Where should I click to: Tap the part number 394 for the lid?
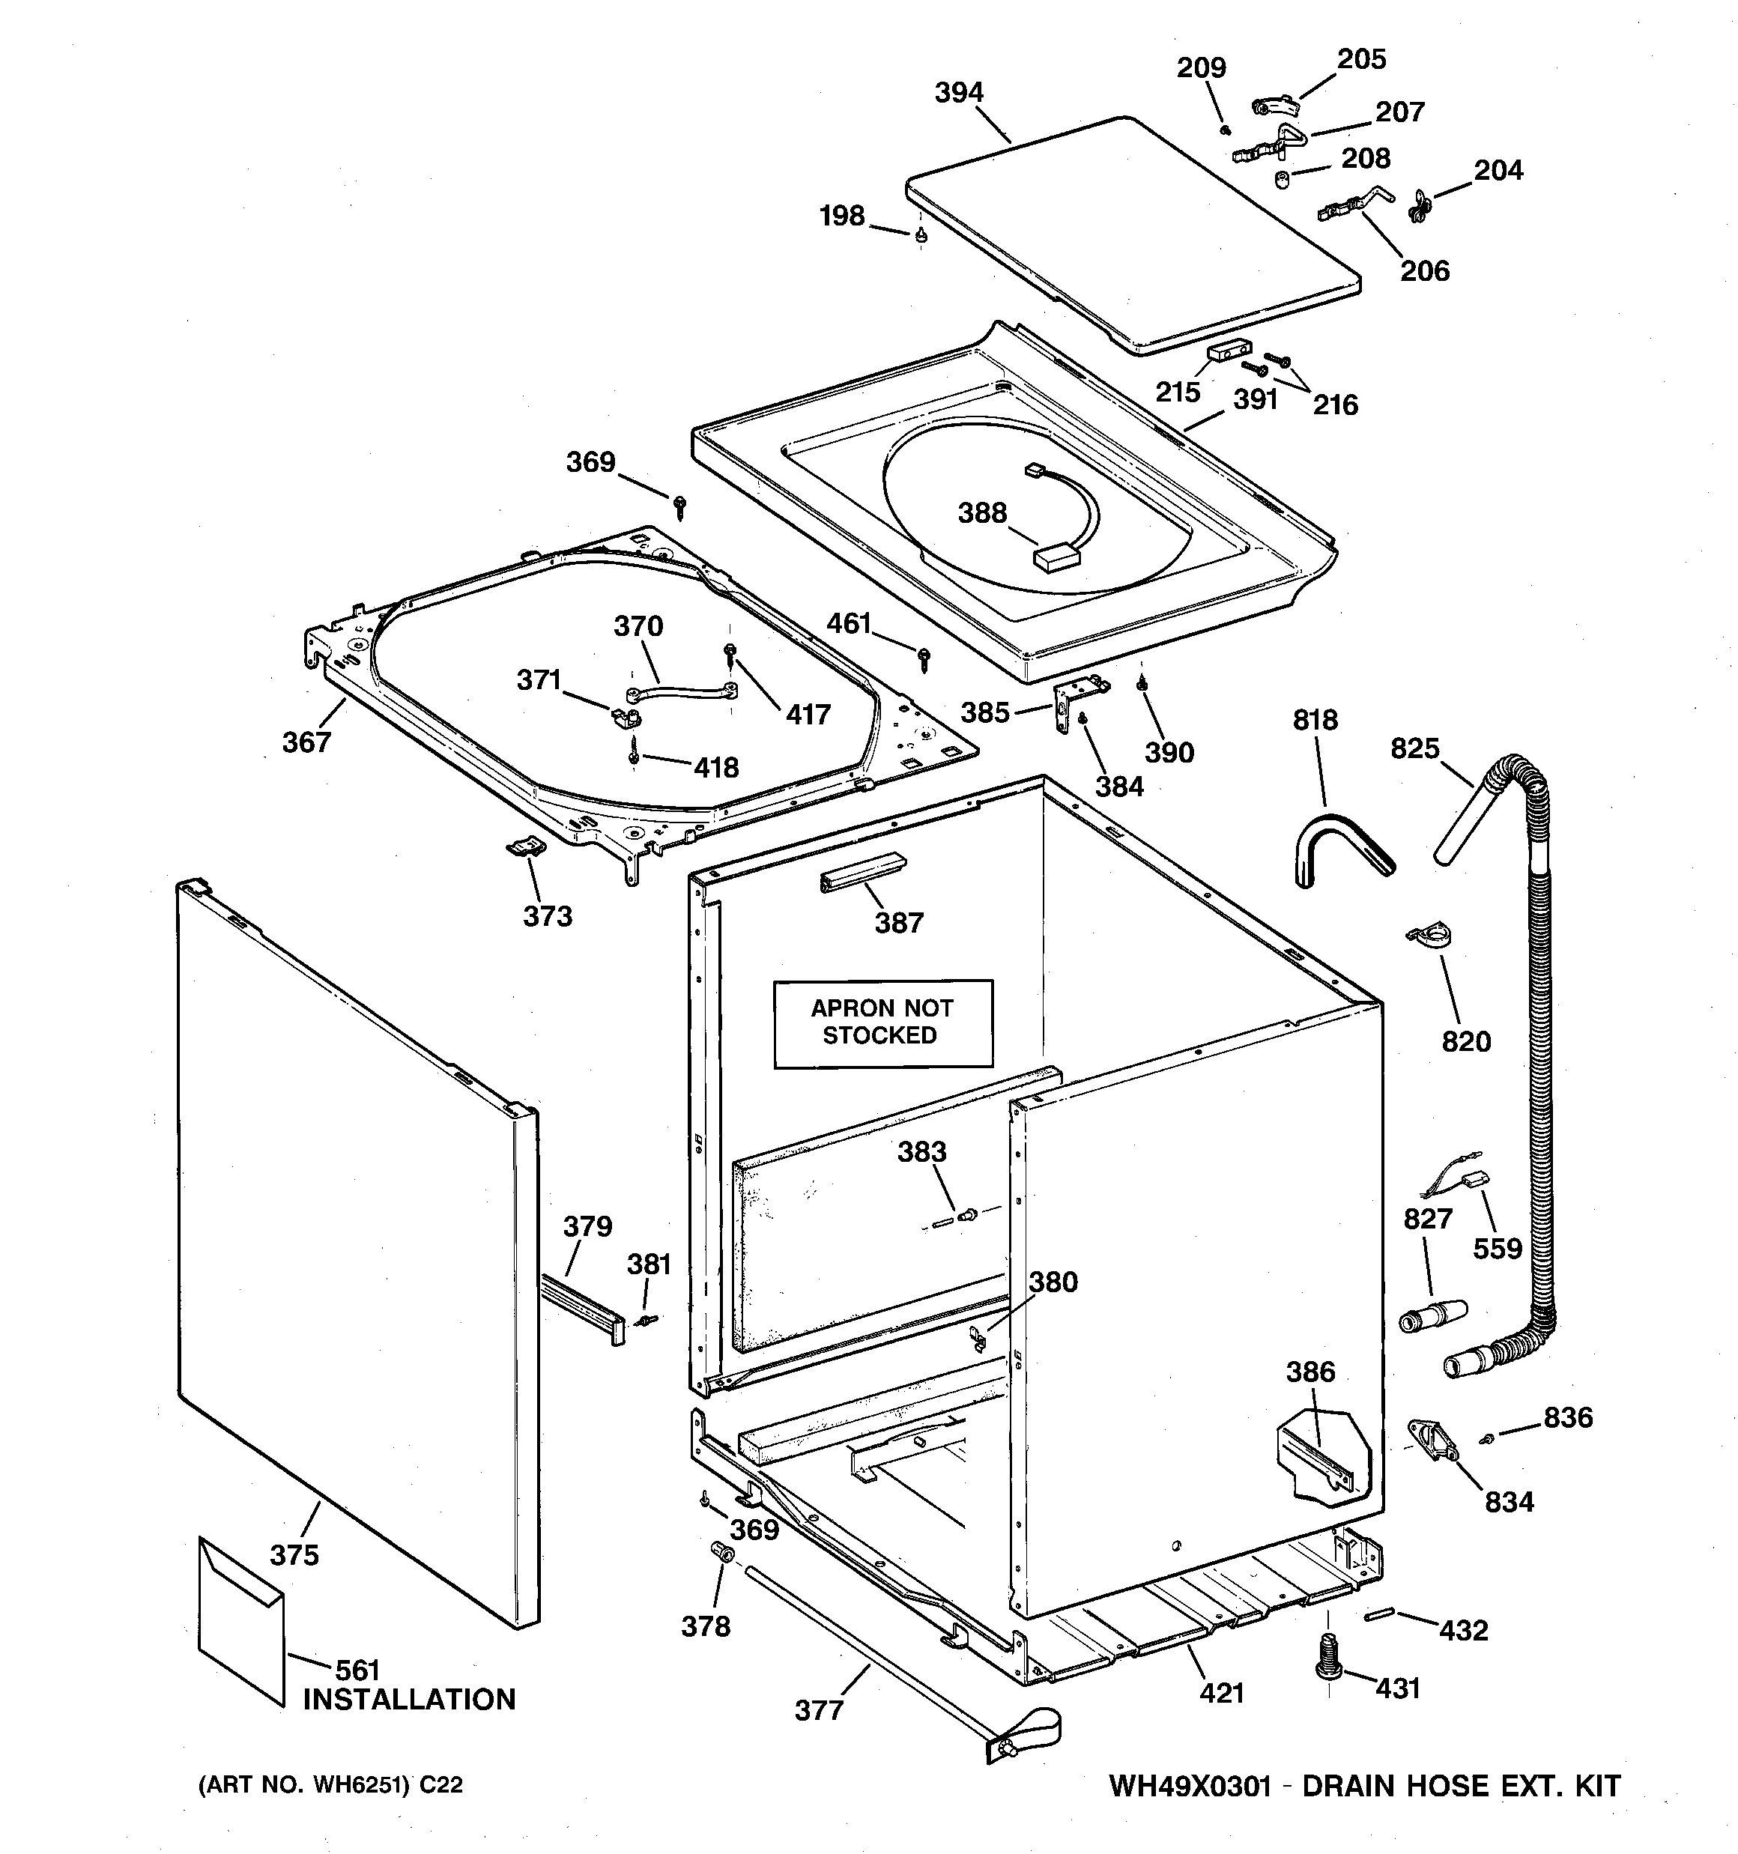[959, 92]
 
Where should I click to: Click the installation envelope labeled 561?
[240, 1620]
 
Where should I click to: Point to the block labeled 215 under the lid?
[1229, 351]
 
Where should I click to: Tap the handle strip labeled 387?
[862, 873]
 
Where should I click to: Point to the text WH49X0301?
[1190, 1786]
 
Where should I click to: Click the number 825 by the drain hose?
[1414, 748]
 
